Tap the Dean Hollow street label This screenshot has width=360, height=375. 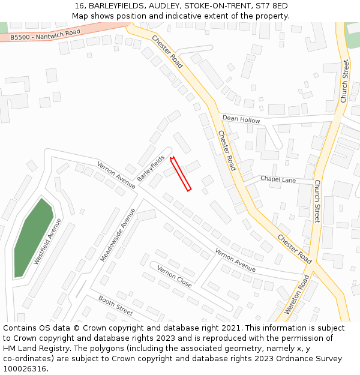pos(241,120)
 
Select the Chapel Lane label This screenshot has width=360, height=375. pos(278,179)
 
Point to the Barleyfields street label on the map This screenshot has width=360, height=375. pos(151,169)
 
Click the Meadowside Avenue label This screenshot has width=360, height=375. pos(115,235)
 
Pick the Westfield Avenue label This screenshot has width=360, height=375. pos(48,241)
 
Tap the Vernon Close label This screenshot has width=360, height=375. pos(174,275)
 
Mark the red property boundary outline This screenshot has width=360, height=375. pos(181,174)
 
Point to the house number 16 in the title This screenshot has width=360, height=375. pos(79,6)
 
